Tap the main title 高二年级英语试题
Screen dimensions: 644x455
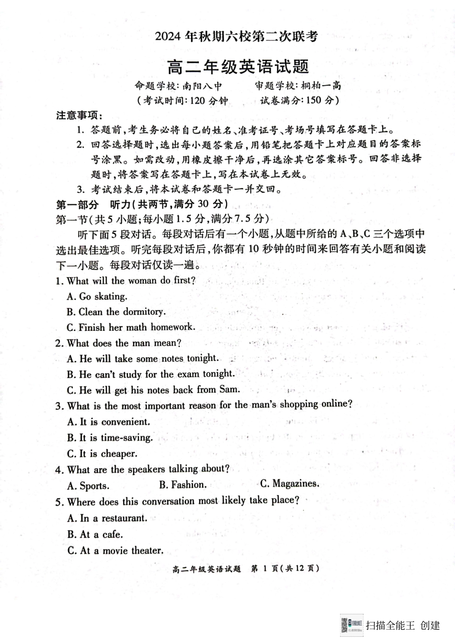click(x=238, y=67)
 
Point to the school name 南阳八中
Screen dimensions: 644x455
click(x=202, y=86)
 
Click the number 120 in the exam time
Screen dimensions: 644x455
click(x=197, y=101)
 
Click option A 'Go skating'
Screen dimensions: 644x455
click(x=97, y=296)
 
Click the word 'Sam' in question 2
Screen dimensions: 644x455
click(x=229, y=389)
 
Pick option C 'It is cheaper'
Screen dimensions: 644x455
click(x=102, y=453)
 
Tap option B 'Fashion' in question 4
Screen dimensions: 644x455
click(x=182, y=485)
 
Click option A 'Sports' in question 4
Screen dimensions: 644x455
click(x=88, y=486)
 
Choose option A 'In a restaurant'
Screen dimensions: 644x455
click(x=107, y=518)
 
